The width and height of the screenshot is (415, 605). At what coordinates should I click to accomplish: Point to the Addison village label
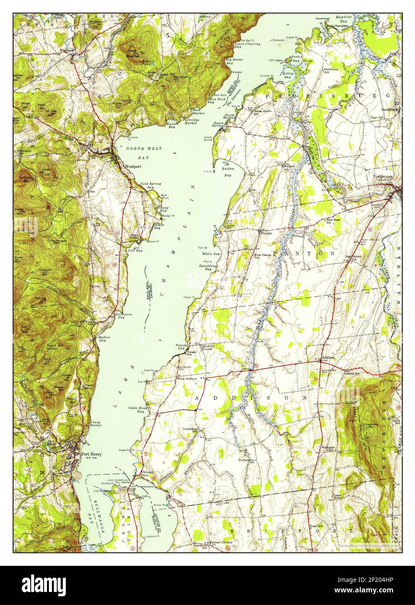[x=328, y=358]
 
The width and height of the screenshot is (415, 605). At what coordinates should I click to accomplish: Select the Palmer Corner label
[x=221, y=542]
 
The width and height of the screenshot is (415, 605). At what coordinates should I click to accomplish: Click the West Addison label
[x=186, y=379]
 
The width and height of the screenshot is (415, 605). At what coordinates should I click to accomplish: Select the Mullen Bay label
[x=104, y=340]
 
